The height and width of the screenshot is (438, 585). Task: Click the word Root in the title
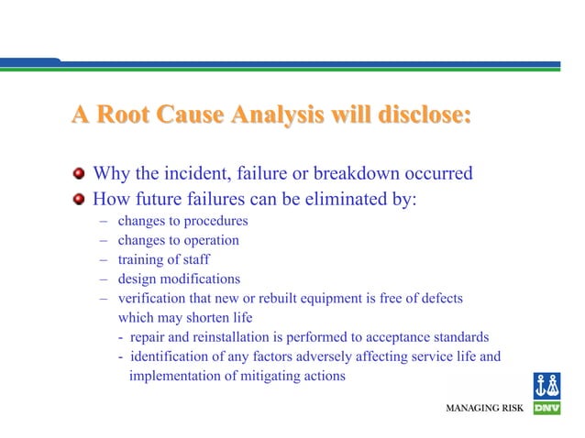127,115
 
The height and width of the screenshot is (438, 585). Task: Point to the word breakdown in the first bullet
354,174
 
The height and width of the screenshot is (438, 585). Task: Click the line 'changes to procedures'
182,221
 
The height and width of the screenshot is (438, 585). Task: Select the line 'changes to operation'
178,240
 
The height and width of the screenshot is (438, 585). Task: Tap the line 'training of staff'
163,259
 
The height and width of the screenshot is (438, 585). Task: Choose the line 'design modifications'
179,279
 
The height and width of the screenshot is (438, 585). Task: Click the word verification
152,299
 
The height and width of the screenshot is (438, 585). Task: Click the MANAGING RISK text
484,407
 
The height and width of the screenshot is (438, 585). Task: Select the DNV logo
546,394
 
